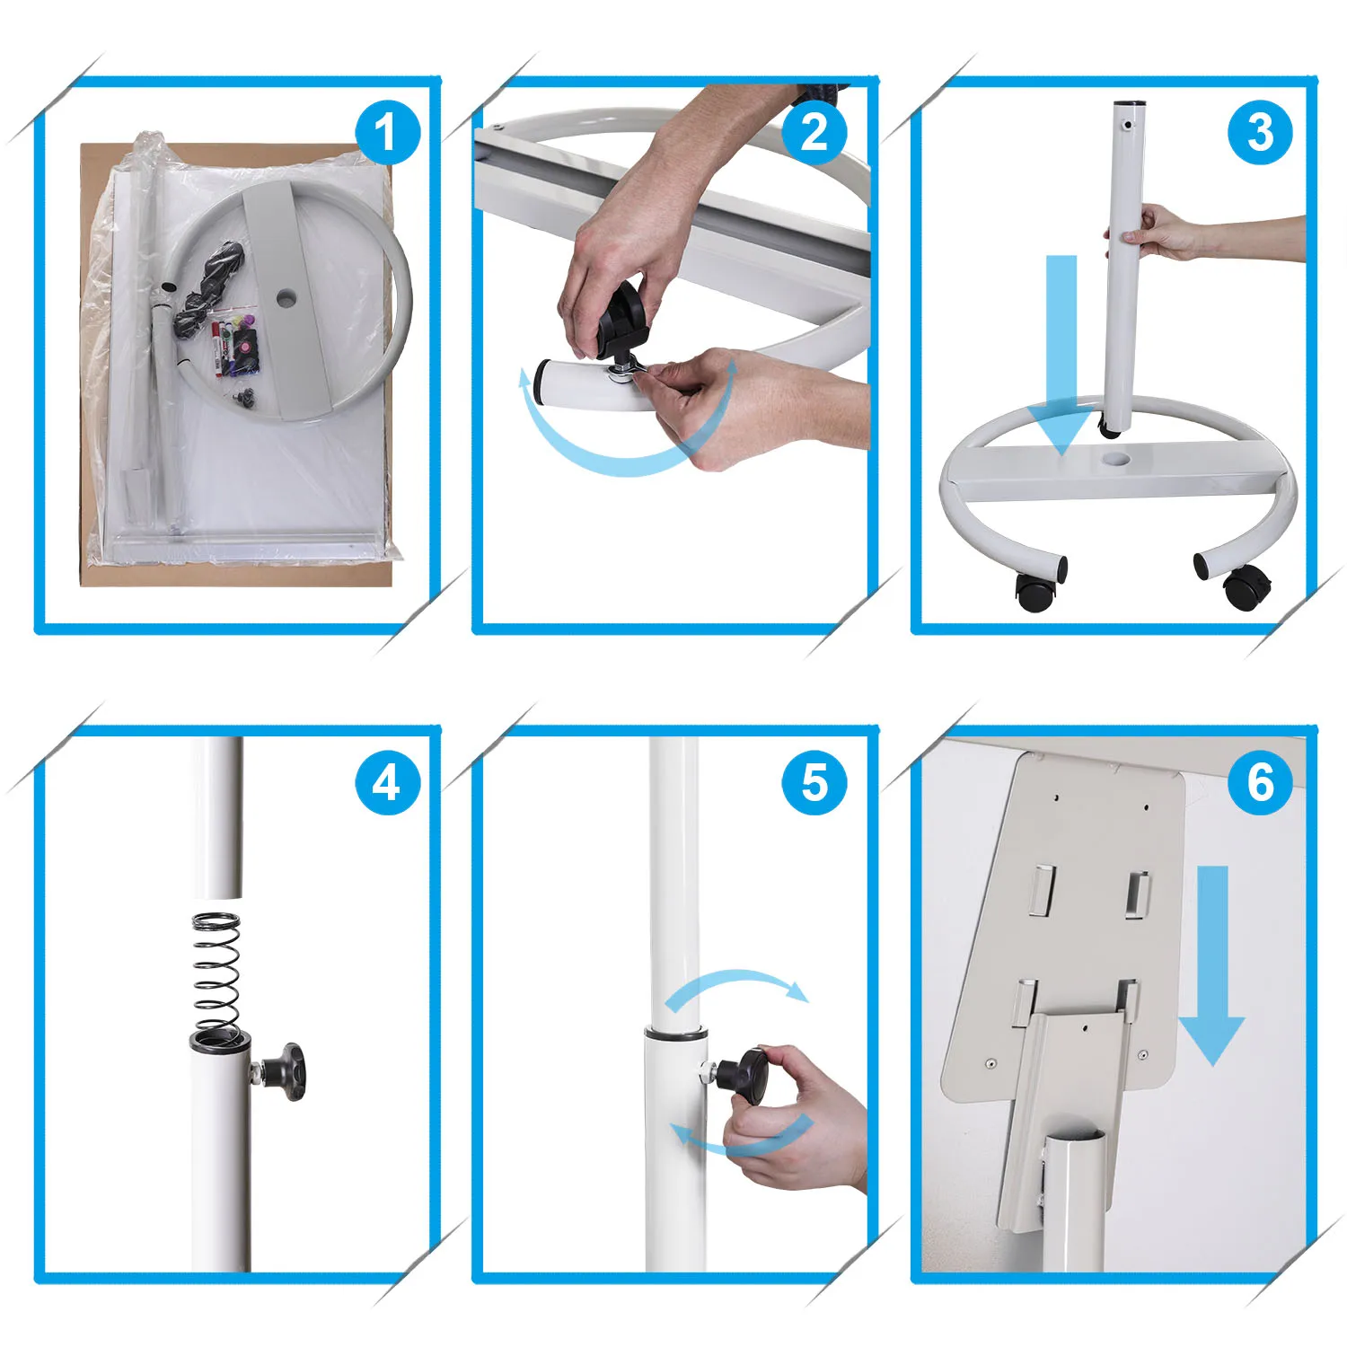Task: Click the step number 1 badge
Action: [x=388, y=133]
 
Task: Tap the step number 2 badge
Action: [x=814, y=133]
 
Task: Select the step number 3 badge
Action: [x=1260, y=133]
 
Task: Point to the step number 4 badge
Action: [x=388, y=782]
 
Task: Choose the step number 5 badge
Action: [x=814, y=782]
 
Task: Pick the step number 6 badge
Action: [x=1260, y=782]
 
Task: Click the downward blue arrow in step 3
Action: [x=1062, y=355]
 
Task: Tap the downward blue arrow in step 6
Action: [x=1212, y=965]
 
